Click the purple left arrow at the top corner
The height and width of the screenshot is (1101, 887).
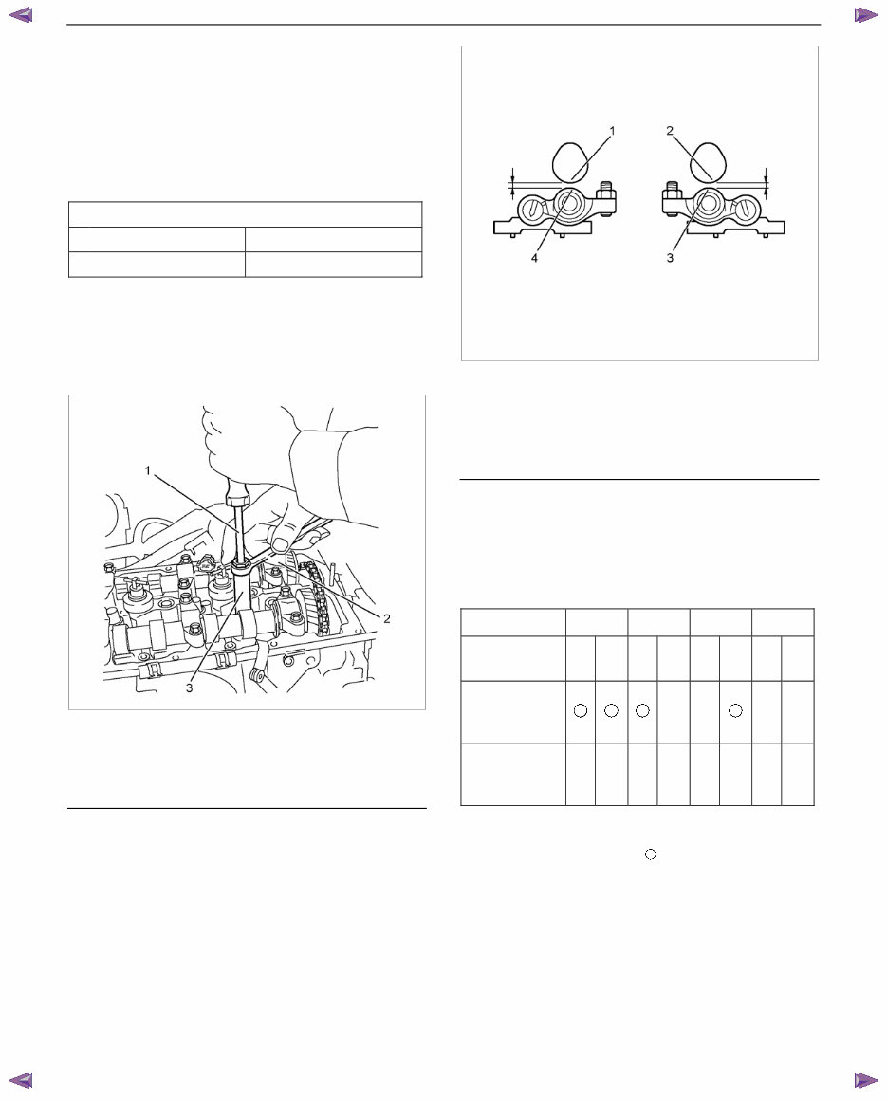pyautogui.click(x=20, y=14)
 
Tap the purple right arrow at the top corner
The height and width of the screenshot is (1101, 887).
pyautogui.click(x=866, y=14)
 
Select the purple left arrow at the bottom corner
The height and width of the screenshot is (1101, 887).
pyautogui.click(x=20, y=1080)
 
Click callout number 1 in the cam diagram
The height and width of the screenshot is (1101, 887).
pyautogui.click(x=612, y=132)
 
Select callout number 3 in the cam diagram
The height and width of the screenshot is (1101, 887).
pyautogui.click(x=669, y=257)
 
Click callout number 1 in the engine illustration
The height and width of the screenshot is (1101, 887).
pyautogui.click(x=147, y=468)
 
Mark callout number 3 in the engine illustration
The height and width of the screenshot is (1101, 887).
pyautogui.click(x=189, y=688)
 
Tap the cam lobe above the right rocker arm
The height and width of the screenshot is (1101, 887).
pyautogui.click(x=707, y=161)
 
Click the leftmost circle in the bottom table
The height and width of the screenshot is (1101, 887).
pyautogui.click(x=581, y=711)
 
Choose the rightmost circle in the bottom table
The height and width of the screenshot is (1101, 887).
pyautogui.click(x=735, y=711)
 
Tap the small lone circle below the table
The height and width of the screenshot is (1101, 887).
pyautogui.click(x=650, y=854)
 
